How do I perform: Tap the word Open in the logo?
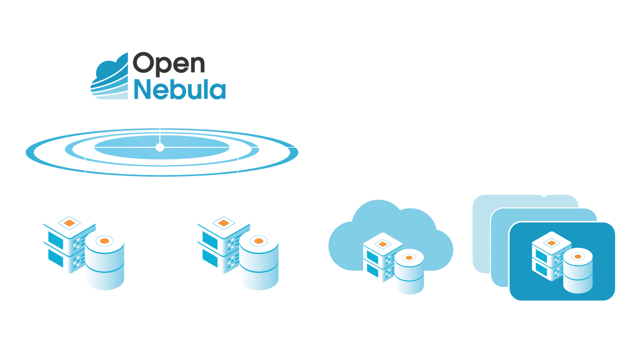coord(169,64)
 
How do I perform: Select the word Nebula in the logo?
coord(180,89)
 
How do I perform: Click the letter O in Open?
coord(144,62)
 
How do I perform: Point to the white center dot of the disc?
coord(160,147)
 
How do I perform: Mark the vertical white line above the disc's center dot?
coord(160,136)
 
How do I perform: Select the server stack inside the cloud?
coord(382,257)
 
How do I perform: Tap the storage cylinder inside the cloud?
coord(409,272)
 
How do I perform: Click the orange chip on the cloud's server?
coord(382,244)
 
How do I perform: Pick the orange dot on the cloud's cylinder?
coord(409,258)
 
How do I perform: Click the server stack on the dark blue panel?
coord(551,256)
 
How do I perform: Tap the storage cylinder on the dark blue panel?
coord(578,271)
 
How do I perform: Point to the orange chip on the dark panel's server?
coord(551,243)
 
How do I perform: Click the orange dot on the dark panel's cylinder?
coord(578,257)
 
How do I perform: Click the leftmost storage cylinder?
coord(104,262)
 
